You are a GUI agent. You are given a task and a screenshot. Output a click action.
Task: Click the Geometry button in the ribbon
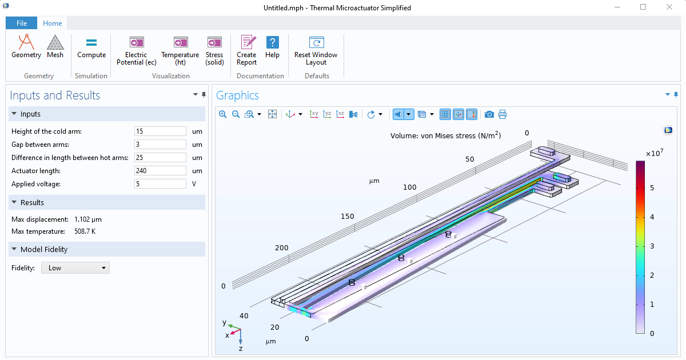(x=26, y=47)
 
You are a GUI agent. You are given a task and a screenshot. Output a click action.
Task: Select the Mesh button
(x=55, y=47)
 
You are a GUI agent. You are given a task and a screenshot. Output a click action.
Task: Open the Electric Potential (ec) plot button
(x=136, y=50)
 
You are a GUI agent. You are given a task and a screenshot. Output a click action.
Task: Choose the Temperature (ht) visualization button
(x=180, y=50)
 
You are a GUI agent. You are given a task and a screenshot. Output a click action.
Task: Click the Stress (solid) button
(x=214, y=50)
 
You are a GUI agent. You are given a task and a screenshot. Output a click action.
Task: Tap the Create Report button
(x=247, y=50)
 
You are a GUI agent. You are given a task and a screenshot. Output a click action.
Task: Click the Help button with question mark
(x=273, y=47)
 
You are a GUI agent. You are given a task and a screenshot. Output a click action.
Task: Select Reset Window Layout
(x=316, y=50)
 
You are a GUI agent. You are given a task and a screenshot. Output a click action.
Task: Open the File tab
(x=22, y=23)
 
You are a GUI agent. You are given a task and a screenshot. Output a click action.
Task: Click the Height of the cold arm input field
(x=160, y=131)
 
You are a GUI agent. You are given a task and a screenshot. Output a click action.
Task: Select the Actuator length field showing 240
(x=160, y=171)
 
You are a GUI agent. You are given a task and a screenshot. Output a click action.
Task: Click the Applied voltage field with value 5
(x=160, y=184)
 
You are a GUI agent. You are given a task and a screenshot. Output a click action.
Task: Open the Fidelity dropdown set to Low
(x=75, y=268)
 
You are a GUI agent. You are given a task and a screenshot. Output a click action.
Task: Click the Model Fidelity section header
(x=44, y=249)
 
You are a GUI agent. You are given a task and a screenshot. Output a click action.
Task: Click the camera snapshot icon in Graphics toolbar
(x=489, y=114)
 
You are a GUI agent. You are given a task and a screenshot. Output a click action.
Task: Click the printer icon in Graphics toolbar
(x=502, y=114)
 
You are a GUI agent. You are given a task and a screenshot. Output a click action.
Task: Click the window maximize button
(x=643, y=7)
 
